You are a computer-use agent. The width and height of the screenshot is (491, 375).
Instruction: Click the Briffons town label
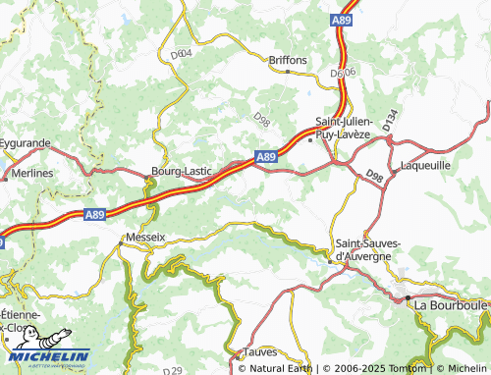tap(289, 60)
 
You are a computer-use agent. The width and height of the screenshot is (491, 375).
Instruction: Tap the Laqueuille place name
tap(426, 166)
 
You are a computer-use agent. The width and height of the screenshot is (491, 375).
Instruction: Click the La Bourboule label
tap(449, 305)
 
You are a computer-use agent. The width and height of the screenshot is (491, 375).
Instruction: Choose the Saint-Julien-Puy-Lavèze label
tap(343, 127)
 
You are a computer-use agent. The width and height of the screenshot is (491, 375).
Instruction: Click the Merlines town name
tap(32, 173)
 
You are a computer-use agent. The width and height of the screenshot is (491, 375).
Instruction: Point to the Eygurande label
tap(26, 142)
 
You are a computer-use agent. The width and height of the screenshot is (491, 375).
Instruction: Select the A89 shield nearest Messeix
tap(94, 212)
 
